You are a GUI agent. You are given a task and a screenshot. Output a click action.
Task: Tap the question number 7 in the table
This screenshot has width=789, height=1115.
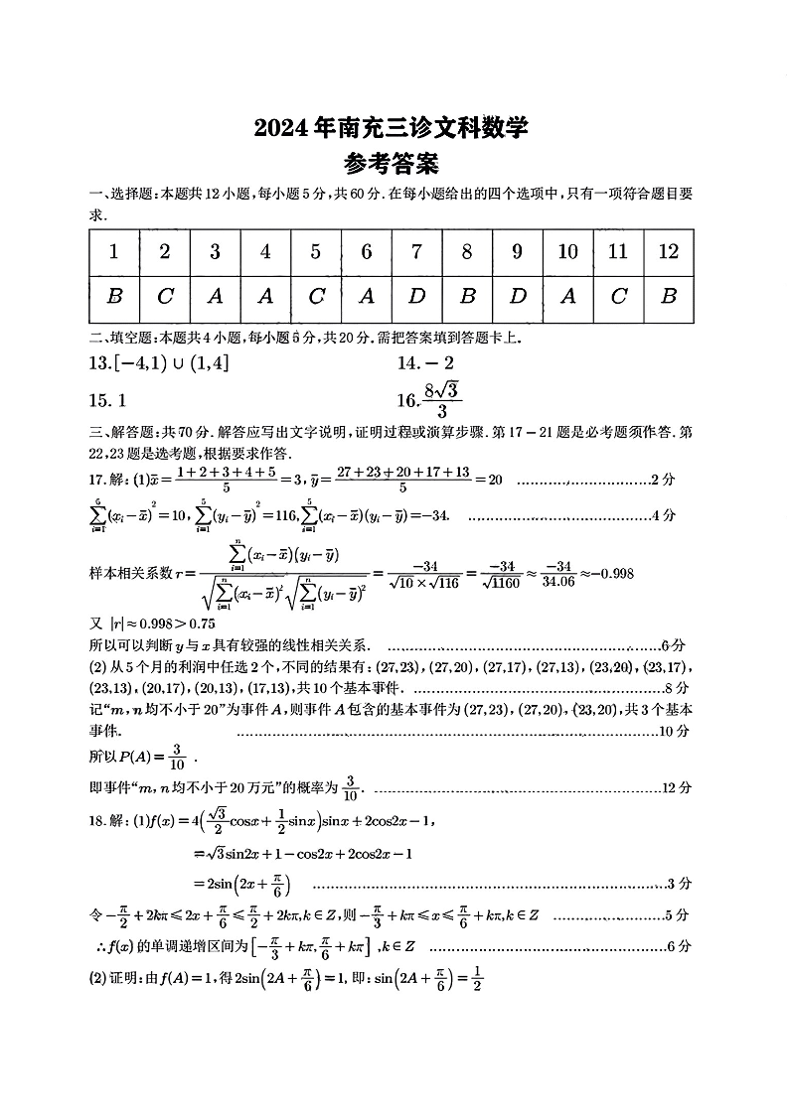click(416, 252)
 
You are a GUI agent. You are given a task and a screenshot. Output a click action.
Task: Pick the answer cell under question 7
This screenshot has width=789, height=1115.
click(416, 297)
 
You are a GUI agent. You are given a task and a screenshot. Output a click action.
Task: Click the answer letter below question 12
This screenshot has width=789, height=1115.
click(668, 297)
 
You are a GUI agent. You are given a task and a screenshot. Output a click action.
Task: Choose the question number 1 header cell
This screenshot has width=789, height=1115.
click(114, 252)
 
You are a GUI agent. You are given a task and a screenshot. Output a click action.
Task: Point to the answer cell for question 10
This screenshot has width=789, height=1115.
click(567, 297)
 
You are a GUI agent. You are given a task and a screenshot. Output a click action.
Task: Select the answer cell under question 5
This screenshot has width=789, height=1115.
click(315, 297)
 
